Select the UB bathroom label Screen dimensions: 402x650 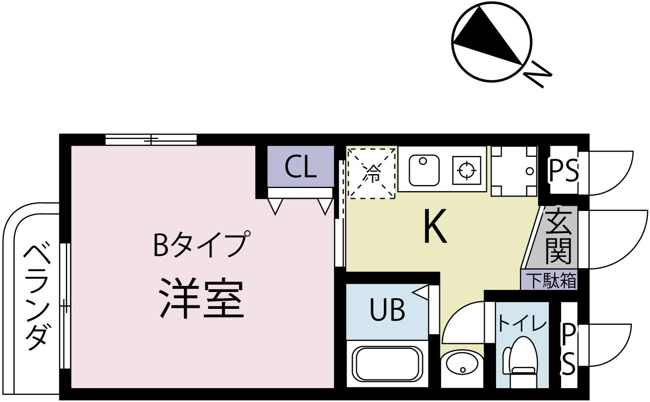pyautogui.click(x=387, y=309)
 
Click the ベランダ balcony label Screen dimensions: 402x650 pyautogui.click(x=36, y=297)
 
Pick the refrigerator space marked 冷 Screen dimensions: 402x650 pyautogui.click(x=372, y=173)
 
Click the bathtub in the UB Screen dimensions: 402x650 pyautogui.click(x=387, y=363)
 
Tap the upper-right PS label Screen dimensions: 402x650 pyautogui.click(x=563, y=171)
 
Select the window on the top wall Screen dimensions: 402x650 pyautogui.click(x=151, y=139)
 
